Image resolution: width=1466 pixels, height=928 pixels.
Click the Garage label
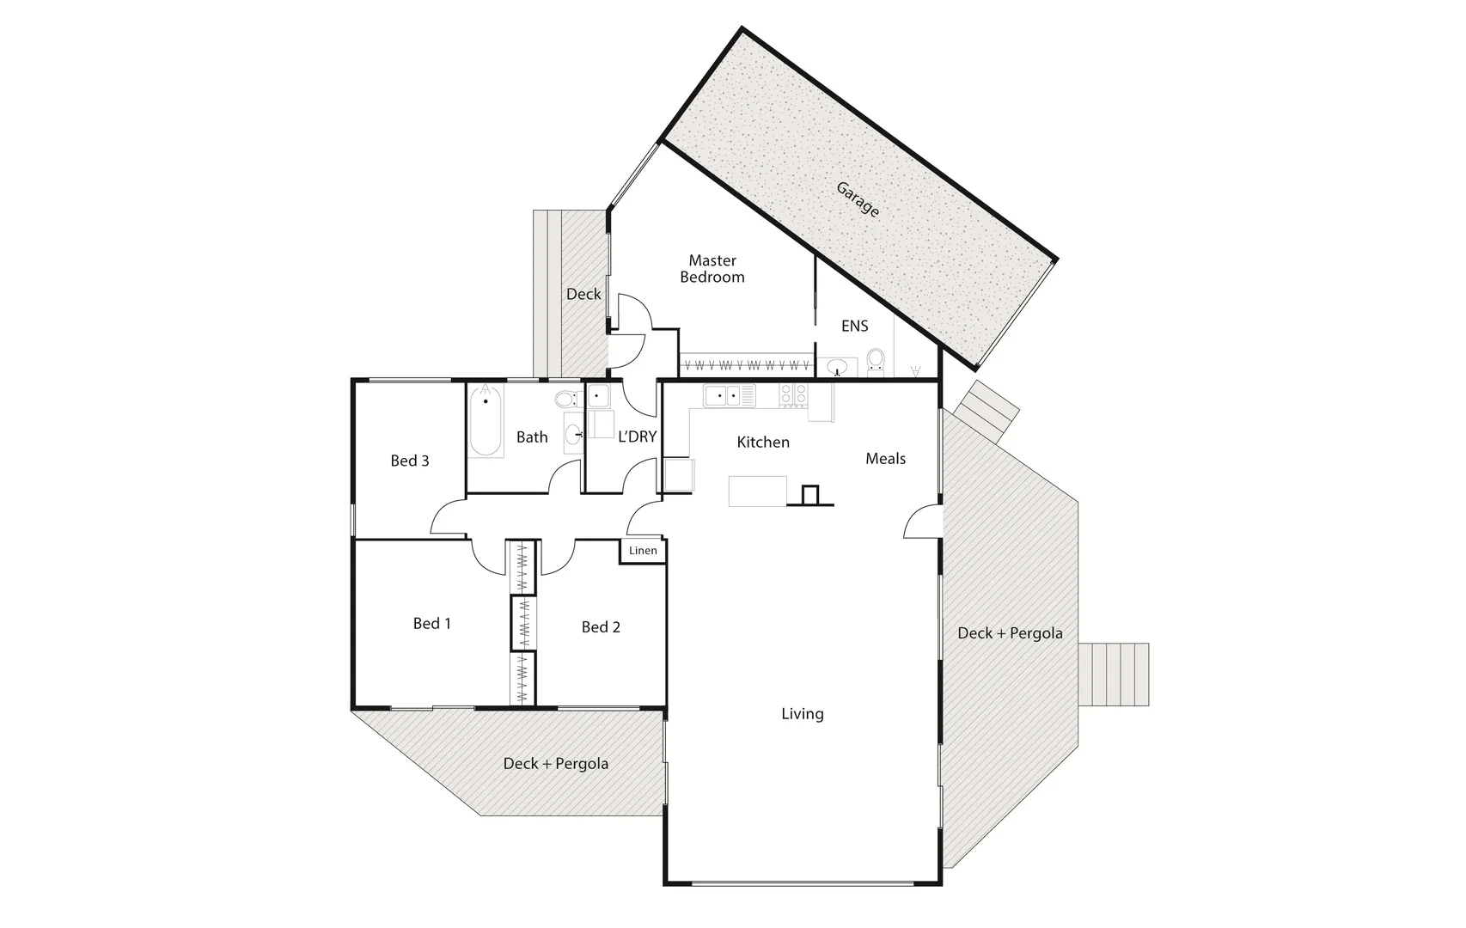pos(858,199)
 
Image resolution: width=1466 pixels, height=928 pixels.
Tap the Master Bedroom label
pos(712,269)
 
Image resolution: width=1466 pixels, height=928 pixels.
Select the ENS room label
pos(854,327)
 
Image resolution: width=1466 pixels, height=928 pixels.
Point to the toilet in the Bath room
pos(565,399)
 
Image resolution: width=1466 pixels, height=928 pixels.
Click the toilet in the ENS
pos(876,360)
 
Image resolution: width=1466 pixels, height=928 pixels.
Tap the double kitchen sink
pos(722,396)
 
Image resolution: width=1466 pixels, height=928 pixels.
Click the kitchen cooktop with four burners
pos(793,394)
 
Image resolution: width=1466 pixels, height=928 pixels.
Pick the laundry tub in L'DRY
pos(599,396)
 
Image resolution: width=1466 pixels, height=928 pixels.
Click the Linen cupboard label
pos(643,551)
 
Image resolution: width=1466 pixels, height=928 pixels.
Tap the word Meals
pos(885,459)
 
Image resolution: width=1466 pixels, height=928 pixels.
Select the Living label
pos(802,714)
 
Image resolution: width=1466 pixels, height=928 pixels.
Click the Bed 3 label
pos(409,461)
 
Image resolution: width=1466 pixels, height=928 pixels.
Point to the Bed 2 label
pos(601,627)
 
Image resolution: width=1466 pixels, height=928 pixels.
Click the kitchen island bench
pos(757,491)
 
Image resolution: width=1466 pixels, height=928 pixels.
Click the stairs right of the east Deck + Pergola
pos(1115,675)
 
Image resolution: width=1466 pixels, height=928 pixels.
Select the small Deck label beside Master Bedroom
pos(583,295)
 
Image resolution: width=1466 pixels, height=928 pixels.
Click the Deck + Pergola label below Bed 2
pos(555,764)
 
